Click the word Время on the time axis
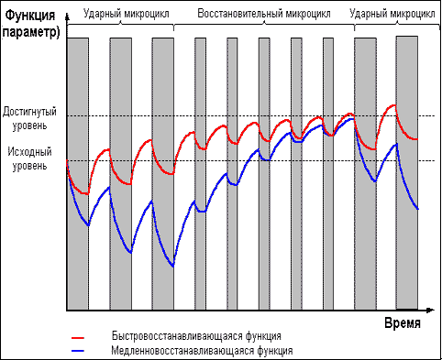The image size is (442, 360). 402,324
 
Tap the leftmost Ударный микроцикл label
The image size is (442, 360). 122,14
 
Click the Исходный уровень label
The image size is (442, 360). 31,160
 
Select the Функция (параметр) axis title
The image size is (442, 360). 32,24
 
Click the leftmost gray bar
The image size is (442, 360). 78,174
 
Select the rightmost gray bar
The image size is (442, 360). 407,174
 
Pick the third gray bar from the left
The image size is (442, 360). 162,174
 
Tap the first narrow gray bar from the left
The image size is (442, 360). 200,174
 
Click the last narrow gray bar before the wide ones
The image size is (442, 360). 328,174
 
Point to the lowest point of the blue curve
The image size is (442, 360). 172,267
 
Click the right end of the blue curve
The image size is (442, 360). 418,210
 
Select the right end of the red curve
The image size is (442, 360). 418,139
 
